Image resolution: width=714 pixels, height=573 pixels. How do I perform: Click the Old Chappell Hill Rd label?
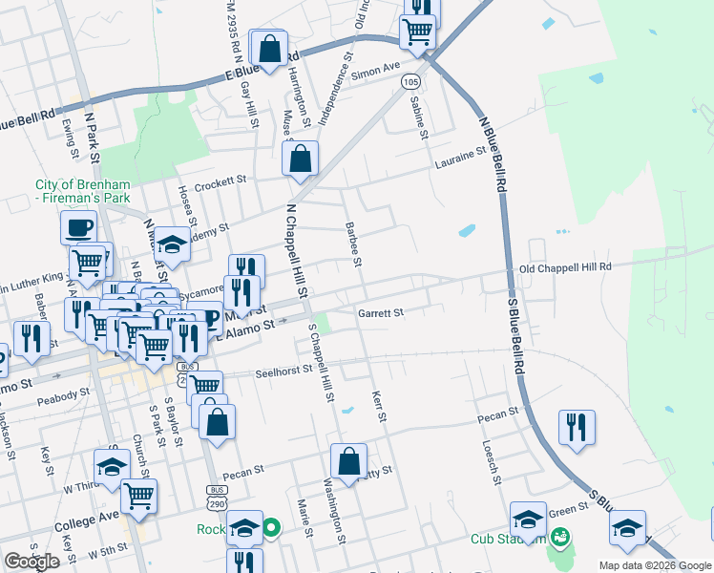pos(564,268)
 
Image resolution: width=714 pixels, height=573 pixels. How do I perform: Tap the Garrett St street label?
pos(381,312)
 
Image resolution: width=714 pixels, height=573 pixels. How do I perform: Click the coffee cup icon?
pos(78,228)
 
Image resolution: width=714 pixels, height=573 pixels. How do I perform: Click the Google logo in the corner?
pos(31,562)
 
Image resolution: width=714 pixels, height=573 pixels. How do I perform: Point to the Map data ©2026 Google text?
pos(655,565)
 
